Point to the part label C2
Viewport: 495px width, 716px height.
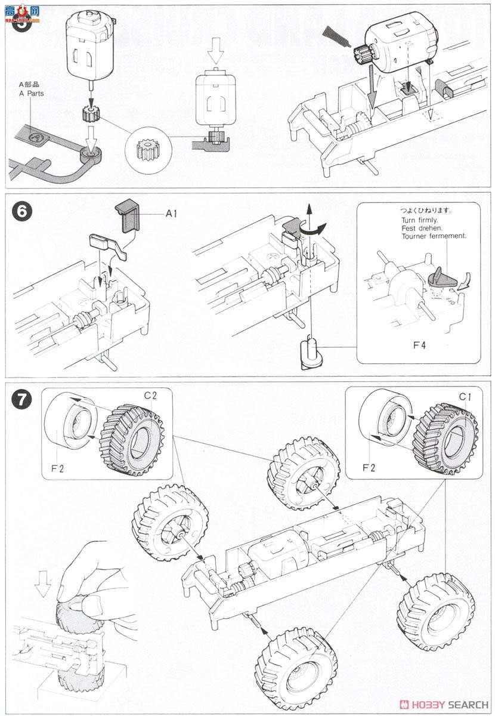[150, 394]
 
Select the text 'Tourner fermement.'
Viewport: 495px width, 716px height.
[434, 236]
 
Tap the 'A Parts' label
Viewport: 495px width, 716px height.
[31, 93]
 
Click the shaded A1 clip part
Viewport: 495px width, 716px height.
[130, 215]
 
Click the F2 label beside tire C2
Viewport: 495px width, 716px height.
[57, 468]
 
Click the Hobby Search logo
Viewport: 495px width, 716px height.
[445, 705]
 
